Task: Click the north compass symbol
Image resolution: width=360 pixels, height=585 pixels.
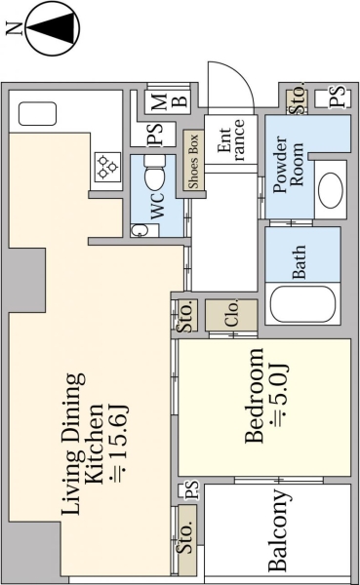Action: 54,29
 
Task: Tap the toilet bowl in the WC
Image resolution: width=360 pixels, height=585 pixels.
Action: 154,174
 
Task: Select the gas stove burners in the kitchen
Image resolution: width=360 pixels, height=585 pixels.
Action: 107,167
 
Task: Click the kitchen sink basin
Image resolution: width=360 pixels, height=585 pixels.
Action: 37,114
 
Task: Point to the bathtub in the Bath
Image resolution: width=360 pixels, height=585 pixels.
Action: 302,304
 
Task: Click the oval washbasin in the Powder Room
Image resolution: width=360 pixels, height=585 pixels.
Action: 331,191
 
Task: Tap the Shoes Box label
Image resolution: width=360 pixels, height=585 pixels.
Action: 193,161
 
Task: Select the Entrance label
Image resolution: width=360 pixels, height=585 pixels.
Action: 231,140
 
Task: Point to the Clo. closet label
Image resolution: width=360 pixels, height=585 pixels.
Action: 232,314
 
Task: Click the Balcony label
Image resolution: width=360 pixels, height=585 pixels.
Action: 279,529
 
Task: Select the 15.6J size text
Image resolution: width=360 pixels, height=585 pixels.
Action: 119,443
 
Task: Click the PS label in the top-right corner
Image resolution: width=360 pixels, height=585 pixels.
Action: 338,97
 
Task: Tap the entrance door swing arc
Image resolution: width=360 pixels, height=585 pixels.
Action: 239,76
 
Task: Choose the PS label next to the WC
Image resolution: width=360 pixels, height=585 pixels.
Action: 155,134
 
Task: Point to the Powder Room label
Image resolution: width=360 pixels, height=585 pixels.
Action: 289,164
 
